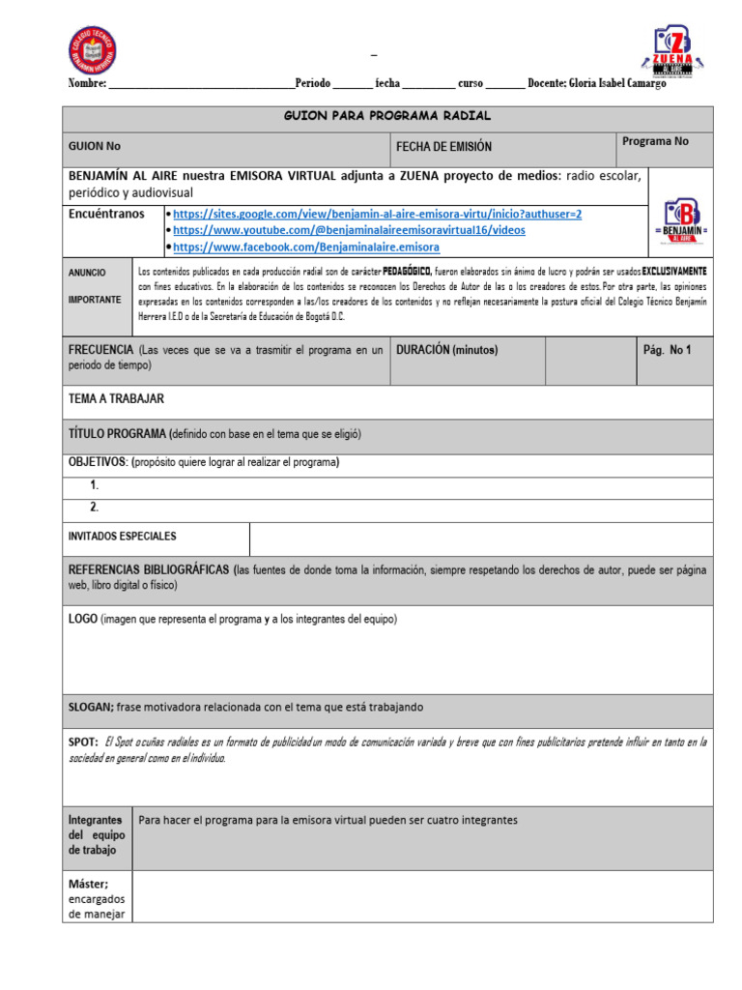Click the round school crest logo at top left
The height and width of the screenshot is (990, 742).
point(93,51)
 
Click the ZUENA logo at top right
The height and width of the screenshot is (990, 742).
point(679,53)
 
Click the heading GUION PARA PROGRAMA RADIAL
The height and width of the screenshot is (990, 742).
point(387,116)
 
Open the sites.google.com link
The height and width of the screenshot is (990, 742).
point(378,214)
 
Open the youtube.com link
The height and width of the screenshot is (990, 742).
point(349,230)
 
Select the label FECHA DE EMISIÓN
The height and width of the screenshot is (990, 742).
point(443,147)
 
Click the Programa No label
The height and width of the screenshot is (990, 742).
point(655,142)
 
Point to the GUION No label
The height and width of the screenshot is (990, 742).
point(95,147)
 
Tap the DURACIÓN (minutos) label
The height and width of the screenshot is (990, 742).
point(447,350)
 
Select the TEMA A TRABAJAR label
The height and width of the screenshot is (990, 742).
point(116,399)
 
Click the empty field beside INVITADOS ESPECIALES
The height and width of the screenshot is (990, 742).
point(480,539)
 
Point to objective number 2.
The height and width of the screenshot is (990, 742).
point(95,508)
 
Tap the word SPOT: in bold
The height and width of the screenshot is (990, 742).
point(83,742)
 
